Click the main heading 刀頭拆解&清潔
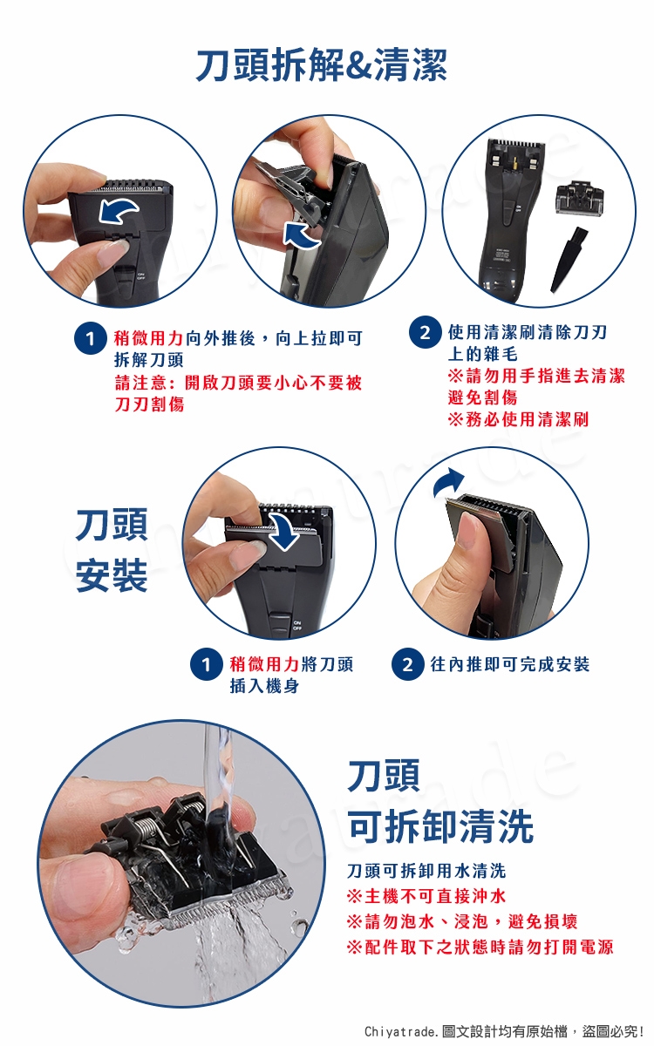tap(322, 65)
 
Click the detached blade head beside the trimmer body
tap(579, 200)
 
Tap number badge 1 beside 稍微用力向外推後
tap(90, 338)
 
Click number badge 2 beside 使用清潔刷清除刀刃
tap(425, 332)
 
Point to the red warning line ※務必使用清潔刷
tap(518, 419)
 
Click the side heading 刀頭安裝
tap(112, 550)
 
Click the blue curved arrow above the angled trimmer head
tap(447, 482)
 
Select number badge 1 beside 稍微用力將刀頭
tap(206, 664)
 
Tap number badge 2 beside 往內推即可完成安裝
tap(407, 664)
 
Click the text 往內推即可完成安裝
tap(509, 664)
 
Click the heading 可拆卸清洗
tap(441, 826)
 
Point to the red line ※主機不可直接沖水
tap(426, 908)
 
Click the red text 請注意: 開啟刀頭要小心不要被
tap(238, 383)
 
